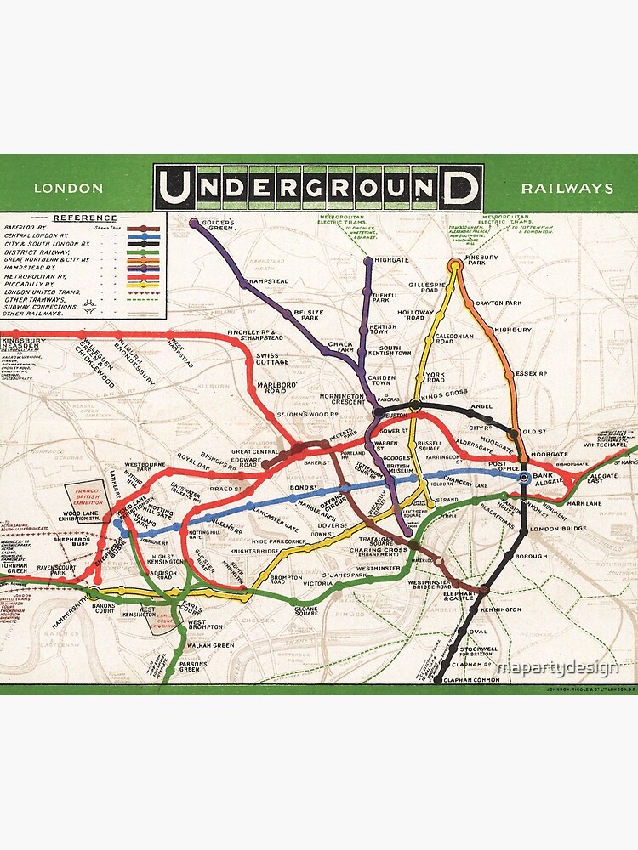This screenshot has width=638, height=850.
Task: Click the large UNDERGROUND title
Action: pos(318,188)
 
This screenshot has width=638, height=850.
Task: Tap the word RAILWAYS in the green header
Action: pos(567,188)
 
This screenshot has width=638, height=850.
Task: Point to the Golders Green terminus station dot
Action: pos(195,224)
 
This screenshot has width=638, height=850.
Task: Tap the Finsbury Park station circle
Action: pos(455,264)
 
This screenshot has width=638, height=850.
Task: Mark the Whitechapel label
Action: pos(604,444)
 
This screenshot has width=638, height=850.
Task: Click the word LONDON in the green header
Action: pos(68,188)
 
